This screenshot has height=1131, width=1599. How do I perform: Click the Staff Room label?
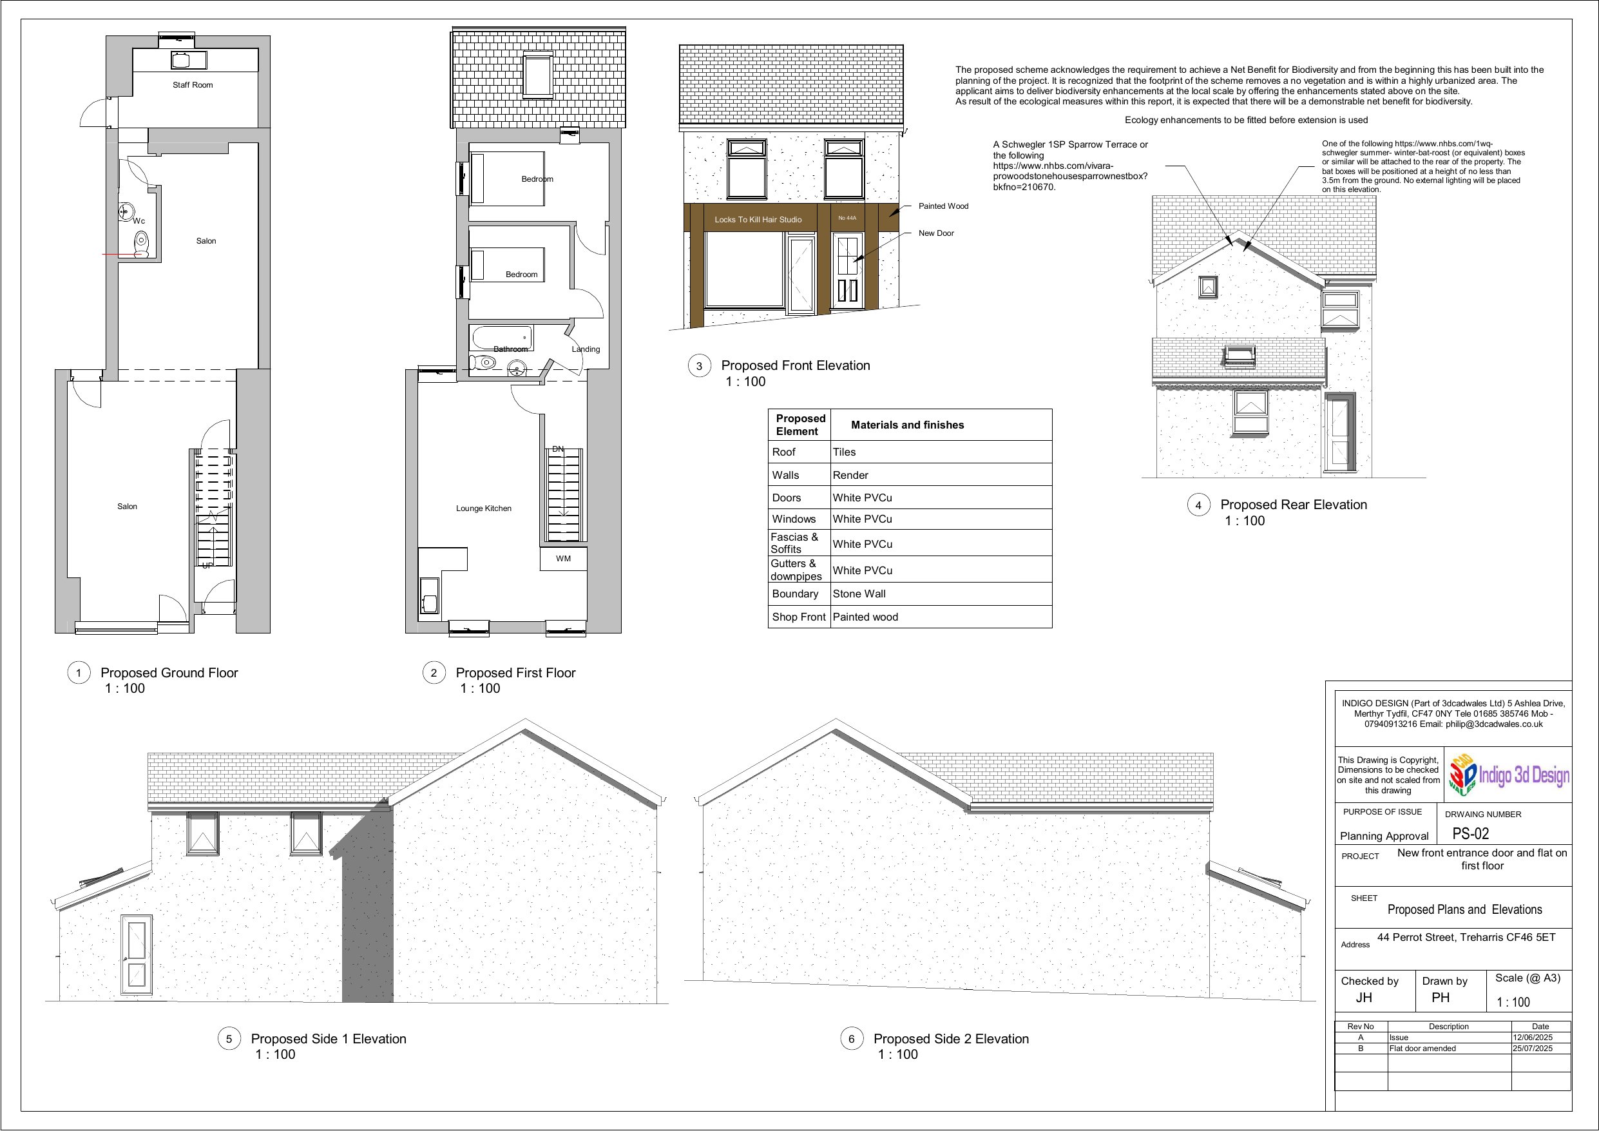193,85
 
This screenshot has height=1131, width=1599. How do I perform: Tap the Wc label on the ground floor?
139,221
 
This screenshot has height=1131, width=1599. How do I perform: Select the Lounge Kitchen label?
483,508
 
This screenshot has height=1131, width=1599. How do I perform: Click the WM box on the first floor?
564,559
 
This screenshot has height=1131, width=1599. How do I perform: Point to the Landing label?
586,349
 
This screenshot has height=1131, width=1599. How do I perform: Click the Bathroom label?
510,349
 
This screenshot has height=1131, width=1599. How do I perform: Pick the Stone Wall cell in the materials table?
859,594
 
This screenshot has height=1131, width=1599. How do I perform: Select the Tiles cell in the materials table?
844,452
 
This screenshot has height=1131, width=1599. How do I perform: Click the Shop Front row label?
799,617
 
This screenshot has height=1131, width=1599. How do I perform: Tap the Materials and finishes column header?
908,425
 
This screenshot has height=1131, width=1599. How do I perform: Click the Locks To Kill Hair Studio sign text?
758,220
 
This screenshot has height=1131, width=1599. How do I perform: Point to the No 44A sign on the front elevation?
847,218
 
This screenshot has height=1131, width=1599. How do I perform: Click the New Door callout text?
936,233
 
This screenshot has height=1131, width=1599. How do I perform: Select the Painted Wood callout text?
943,206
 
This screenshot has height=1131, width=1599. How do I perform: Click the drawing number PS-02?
1470,833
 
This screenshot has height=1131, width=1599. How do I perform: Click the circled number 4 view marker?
1198,506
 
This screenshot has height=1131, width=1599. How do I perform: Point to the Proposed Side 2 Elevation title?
951,1039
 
